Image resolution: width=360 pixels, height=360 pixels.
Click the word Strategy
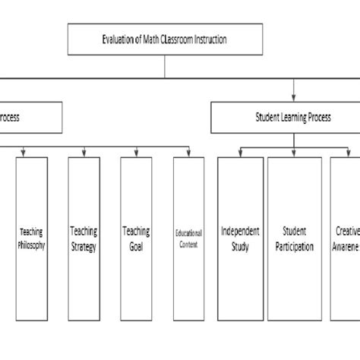click(x=84, y=248)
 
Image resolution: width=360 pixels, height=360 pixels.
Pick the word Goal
click(x=136, y=248)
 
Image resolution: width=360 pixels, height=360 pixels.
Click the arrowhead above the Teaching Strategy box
click(x=84, y=153)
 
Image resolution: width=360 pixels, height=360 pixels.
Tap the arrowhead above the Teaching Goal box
click(x=137, y=153)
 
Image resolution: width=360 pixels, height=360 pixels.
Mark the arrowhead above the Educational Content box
click(x=188, y=153)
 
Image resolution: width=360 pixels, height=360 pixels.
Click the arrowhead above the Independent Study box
click(x=241, y=153)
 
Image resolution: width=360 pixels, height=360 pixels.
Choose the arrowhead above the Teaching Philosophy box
click(x=25, y=153)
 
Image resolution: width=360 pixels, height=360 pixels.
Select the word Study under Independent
click(x=240, y=248)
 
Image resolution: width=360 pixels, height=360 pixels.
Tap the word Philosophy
click(x=31, y=245)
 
